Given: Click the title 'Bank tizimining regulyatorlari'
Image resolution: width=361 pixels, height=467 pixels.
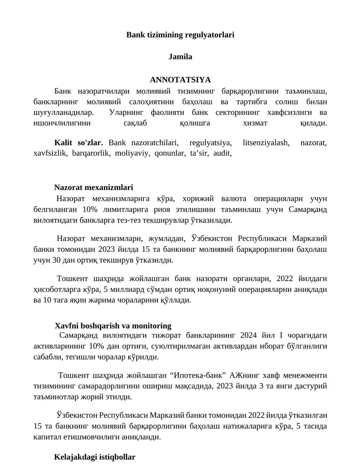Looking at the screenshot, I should coord(180,34).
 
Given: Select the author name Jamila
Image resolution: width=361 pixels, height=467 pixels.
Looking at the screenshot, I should coord(180,57).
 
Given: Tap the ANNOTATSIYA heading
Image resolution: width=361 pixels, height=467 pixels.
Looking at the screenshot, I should coord(180,80).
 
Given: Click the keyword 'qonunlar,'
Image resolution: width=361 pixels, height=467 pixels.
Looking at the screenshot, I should coord(170,153).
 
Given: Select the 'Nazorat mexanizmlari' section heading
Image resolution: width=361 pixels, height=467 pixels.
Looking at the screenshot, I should coord(93,187).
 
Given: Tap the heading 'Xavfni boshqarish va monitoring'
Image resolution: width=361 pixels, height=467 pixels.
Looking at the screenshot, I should coord(113,326).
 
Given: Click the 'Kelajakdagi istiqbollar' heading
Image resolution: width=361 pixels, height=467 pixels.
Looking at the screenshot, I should coord(95,457).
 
